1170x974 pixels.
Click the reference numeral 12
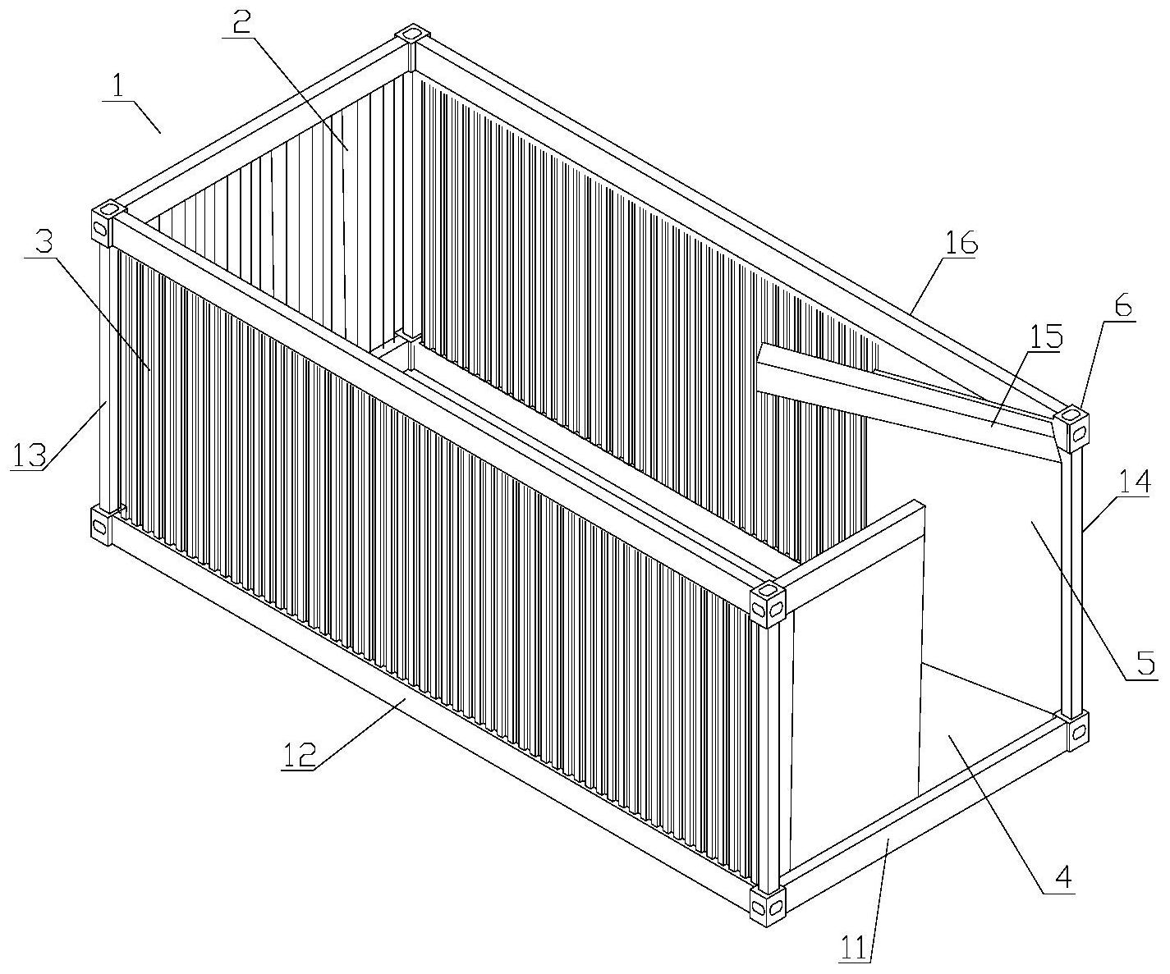pos(299,755)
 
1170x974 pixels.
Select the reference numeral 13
pos(29,455)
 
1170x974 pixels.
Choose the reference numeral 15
pos(1045,336)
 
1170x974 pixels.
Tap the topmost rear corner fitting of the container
pos(412,34)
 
